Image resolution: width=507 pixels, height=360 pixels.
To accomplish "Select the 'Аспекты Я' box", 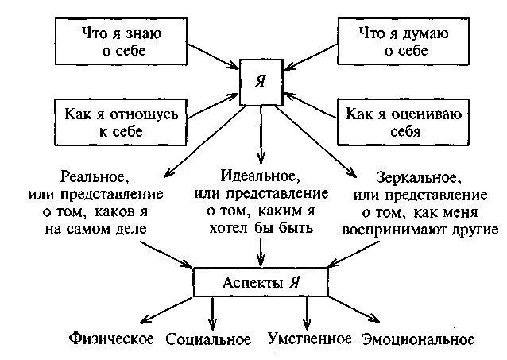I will click(261, 283).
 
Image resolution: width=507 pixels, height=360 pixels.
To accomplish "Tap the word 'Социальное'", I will click(208, 340).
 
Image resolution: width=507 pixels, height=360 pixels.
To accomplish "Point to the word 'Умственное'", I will click(309, 339).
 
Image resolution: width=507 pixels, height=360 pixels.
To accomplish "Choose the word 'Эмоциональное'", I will click(418, 339).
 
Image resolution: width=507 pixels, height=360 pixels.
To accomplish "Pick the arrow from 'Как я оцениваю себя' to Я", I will click(310, 103).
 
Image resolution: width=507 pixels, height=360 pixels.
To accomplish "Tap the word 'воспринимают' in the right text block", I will click(393, 230).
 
